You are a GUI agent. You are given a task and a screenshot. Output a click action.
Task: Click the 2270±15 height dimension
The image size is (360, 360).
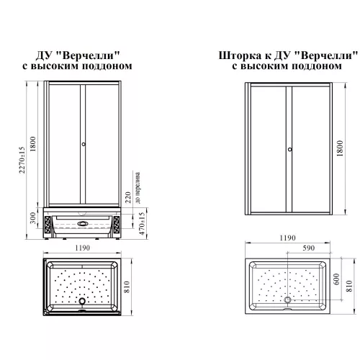(x=22, y=160)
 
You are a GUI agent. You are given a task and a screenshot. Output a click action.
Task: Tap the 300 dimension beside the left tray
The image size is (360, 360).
(x=33, y=218)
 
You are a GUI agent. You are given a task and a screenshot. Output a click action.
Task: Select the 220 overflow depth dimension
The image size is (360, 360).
(x=128, y=197)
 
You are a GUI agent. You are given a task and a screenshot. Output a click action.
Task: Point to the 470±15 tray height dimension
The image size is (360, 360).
(x=142, y=223)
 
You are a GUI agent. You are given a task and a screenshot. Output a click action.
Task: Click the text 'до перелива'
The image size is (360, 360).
(x=138, y=188)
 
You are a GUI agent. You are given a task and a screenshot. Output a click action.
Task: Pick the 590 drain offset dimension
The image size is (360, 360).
(x=308, y=248)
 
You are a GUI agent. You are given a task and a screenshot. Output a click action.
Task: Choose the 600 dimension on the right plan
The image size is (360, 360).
(x=336, y=279)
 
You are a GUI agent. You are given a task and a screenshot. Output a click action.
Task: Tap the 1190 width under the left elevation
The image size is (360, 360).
(x=82, y=248)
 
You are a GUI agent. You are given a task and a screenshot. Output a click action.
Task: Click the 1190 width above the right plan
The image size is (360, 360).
(x=287, y=238)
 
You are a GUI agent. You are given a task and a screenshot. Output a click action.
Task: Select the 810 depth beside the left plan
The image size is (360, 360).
(x=127, y=287)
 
